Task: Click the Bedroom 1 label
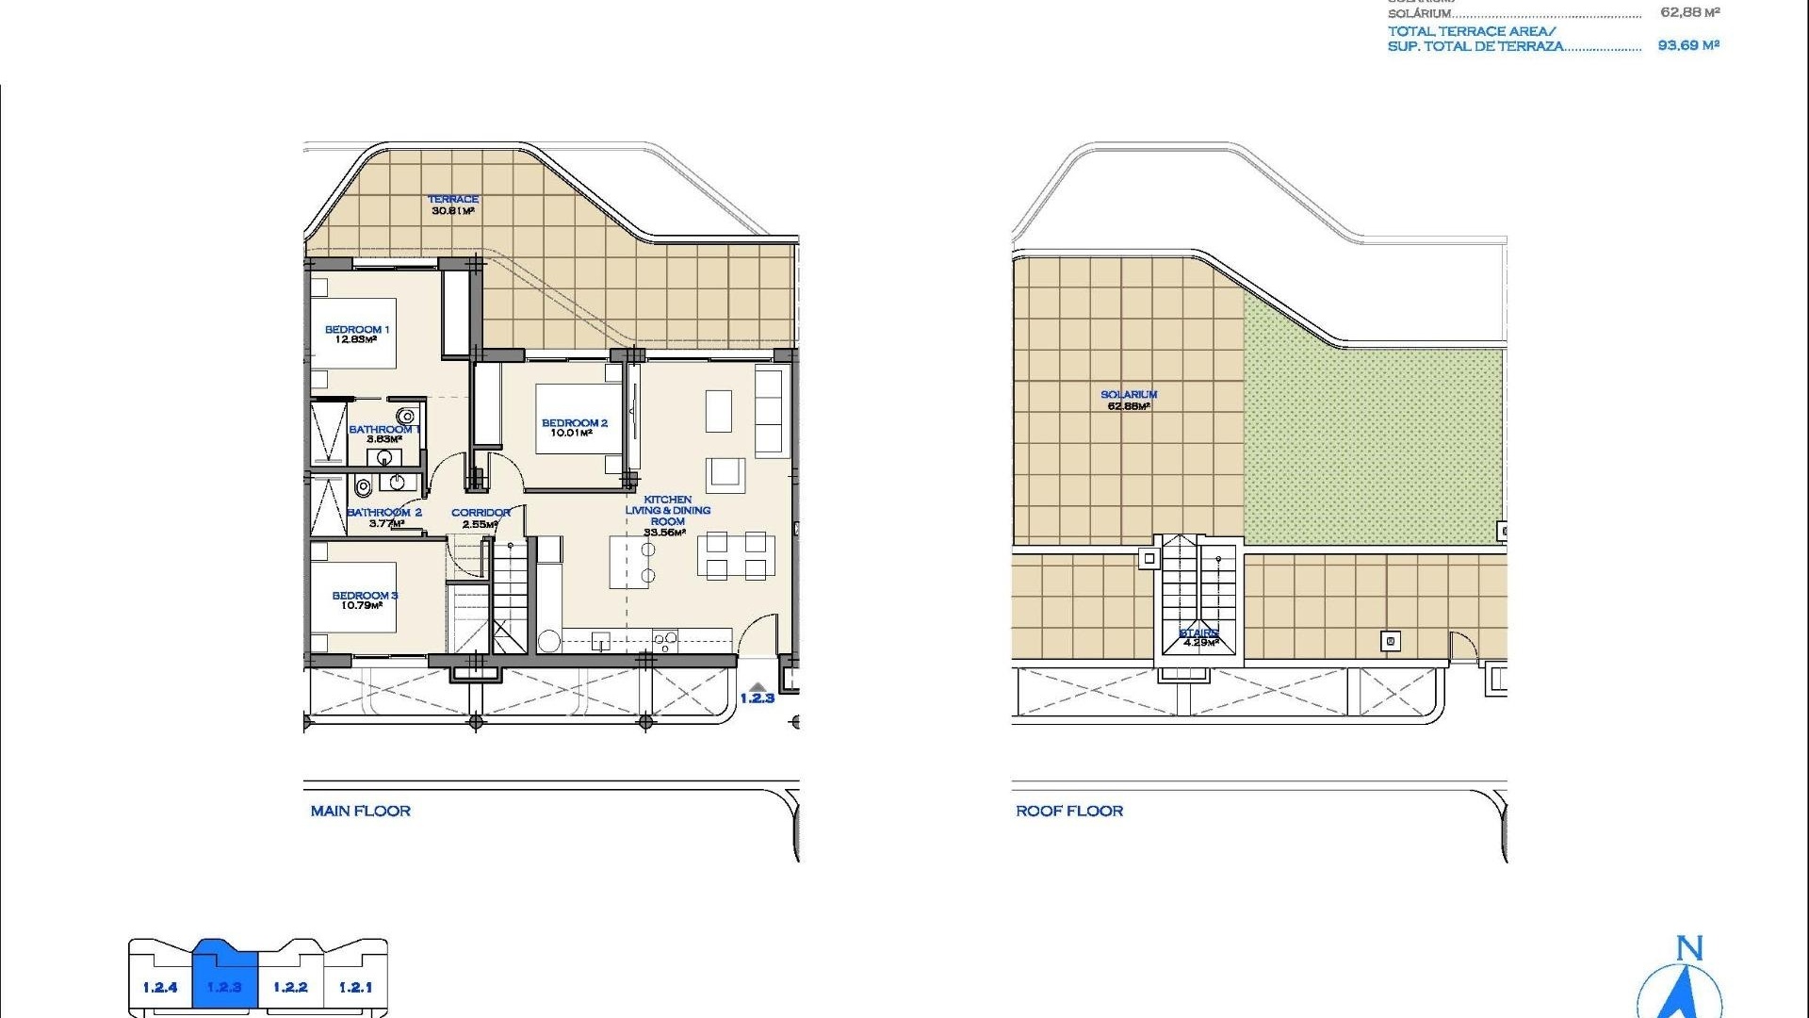tap(357, 330)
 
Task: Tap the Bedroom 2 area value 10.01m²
tap(572, 434)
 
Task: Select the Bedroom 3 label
tap(365, 596)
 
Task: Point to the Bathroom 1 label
tap(383, 430)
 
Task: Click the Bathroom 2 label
tap(384, 513)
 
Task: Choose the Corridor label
tap(481, 513)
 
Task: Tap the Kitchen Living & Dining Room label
tap(667, 510)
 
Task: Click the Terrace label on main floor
tap(453, 200)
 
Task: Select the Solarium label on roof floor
tap(1129, 395)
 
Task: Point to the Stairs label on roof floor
tap(1198, 632)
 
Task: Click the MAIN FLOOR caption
tap(361, 811)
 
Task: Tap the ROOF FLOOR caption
tap(1069, 811)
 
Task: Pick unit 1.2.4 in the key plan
tap(160, 987)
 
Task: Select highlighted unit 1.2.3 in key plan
tap(225, 987)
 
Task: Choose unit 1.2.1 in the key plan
tap(355, 987)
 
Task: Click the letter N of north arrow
tap(1689, 948)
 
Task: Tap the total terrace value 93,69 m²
tap(1688, 45)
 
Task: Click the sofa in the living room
tap(769, 411)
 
